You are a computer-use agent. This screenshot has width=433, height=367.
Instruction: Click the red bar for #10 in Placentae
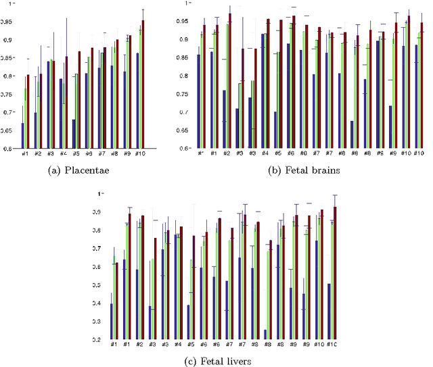coord(143,84)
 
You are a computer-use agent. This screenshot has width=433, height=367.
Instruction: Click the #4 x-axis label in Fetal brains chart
coord(265,153)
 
